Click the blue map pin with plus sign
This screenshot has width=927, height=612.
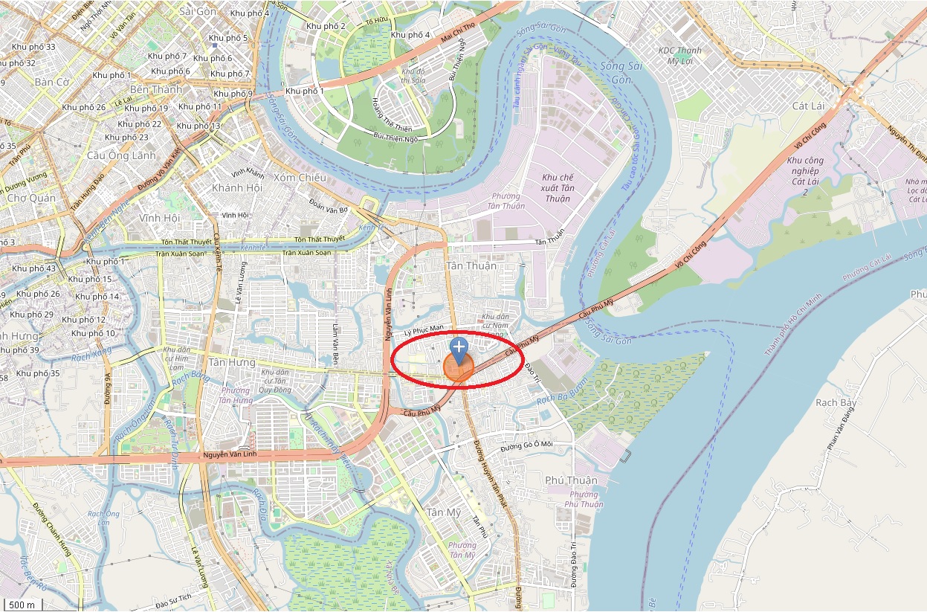coord(459,348)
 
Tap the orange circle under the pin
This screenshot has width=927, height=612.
coord(459,367)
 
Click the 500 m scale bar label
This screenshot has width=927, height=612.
coord(22,604)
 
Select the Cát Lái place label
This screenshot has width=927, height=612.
coord(809,106)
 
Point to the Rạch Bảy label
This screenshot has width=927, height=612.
coord(836,403)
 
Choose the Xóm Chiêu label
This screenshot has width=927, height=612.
coord(300,178)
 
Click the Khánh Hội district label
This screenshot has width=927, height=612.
coord(237,188)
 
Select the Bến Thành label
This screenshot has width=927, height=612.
coord(155,90)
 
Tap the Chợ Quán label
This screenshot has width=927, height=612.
coord(31,199)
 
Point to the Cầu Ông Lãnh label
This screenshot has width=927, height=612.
coord(122,155)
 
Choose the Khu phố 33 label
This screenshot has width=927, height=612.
coord(33,47)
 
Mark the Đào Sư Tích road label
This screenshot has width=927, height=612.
coord(174,597)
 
